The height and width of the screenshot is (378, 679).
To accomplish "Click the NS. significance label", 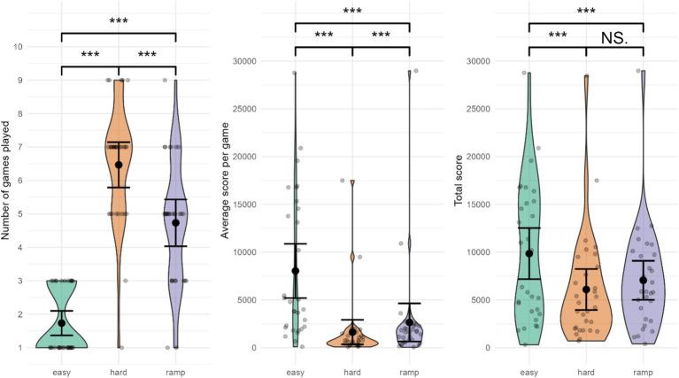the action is click(x=614, y=39).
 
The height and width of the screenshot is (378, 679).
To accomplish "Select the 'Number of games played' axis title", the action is click(x=5, y=181).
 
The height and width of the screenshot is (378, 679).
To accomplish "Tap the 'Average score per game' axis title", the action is click(x=225, y=181).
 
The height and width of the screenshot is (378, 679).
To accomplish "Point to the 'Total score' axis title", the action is click(x=459, y=181).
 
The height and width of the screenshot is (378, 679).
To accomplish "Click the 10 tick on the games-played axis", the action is click(x=19, y=47).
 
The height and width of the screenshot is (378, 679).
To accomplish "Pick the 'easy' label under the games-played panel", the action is click(x=61, y=373).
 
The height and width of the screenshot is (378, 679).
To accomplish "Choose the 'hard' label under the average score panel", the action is click(x=352, y=373).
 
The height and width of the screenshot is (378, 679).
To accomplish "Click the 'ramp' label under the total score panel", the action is click(x=643, y=373).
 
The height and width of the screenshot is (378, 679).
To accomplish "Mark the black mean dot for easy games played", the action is click(x=61, y=323).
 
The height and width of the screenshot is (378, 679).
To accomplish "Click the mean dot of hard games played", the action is click(x=119, y=165).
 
